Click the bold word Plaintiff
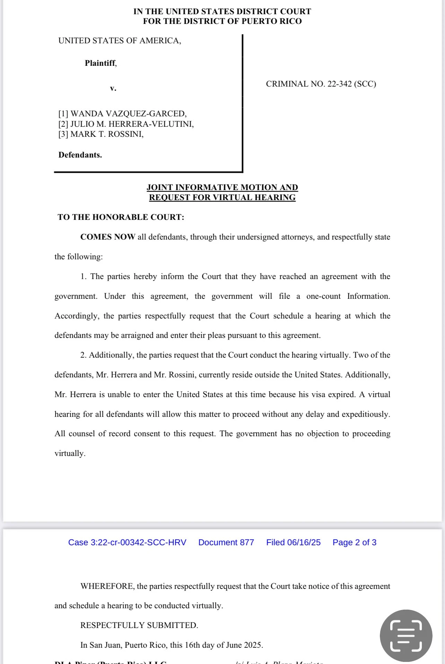point(100,63)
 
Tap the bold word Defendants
point(80,155)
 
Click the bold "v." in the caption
point(113,88)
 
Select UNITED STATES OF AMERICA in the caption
point(120,41)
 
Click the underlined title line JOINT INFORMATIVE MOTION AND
point(222,187)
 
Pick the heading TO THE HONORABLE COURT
point(121,217)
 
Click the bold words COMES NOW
point(108,237)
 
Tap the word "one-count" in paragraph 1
point(323,296)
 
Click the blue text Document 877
point(226,542)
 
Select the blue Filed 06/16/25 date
point(293,542)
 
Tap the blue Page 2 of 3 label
point(354,542)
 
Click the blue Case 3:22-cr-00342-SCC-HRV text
point(127,542)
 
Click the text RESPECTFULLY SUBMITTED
point(139,625)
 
